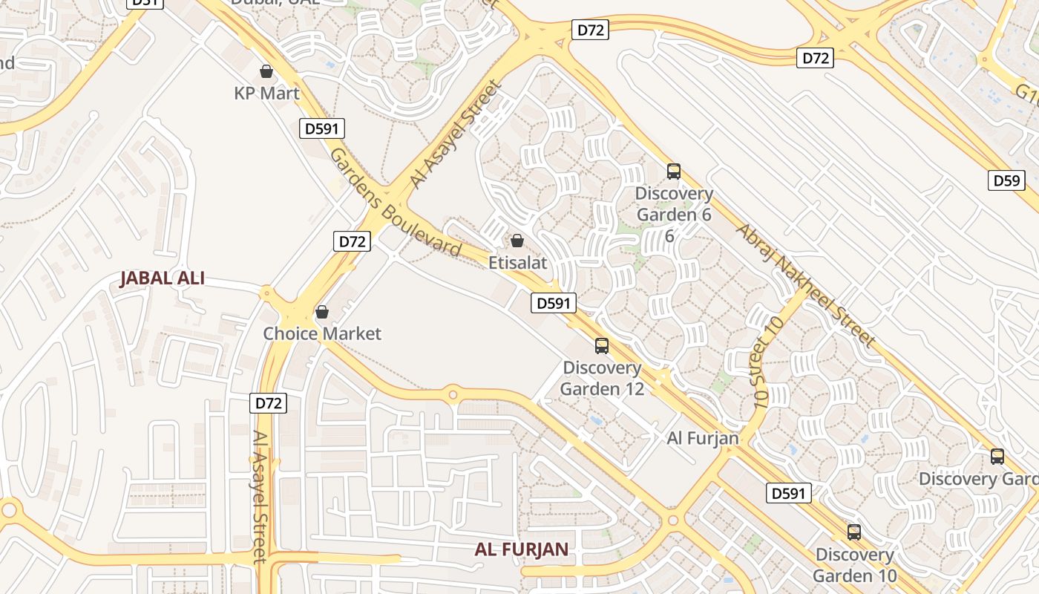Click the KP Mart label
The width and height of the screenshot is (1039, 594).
pyautogui.click(x=266, y=94)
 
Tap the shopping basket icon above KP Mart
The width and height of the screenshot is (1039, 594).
pyautogui.click(x=266, y=71)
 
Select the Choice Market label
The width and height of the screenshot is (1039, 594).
pyautogui.click(x=322, y=333)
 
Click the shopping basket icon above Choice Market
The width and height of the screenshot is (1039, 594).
pyautogui.click(x=322, y=312)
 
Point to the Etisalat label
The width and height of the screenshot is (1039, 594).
pyautogui.click(x=517, y=262)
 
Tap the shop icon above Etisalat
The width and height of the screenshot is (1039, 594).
pyautogui.click(x=517, y=241)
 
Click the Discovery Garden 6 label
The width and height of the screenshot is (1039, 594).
pyautogui.click(x=674, y=204)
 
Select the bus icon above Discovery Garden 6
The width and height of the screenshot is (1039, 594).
pyautogui.click(x=674, y=172)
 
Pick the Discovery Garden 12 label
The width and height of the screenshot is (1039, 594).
pyautogui.click(x=602, y=378)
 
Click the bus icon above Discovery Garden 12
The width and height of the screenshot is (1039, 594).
pyautogui.click(x=602, y=346)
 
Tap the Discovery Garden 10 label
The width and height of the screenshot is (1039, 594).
pyautogui.click(x=854, y=565)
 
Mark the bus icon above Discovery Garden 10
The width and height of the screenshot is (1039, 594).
pyautogui.click(x=854, y=532)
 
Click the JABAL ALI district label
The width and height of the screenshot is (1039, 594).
pyautogui.click(x=162, y=279)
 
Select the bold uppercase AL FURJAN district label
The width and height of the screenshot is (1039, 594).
pyautogui.click(x=522, y=549)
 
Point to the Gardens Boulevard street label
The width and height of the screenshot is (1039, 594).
pyautogui.click(x=396, y=202)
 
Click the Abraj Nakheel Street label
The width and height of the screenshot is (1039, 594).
pyautogui.click(x=805, y=284)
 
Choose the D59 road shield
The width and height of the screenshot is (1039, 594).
pyautogui.click(x=1006, y=180)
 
